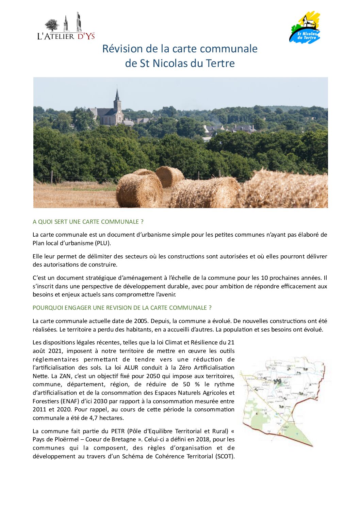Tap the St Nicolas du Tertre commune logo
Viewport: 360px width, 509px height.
305,28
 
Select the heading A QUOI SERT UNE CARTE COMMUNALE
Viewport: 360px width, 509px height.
88,222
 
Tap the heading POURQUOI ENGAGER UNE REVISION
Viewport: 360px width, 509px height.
122,308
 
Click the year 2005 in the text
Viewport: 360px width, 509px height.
141,321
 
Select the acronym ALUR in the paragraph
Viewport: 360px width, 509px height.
131,368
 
